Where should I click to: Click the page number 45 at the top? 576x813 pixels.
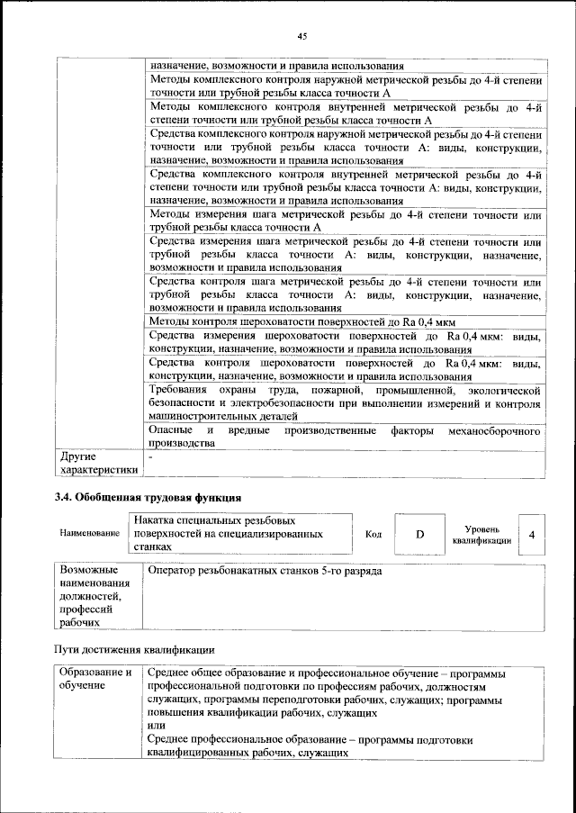click(302, 35)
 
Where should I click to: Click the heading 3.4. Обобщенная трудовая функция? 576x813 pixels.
click(147, 497)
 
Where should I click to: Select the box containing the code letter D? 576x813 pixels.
click(418, 535)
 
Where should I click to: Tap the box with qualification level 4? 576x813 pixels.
click(532, 535)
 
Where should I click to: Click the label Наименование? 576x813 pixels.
click(90, 535)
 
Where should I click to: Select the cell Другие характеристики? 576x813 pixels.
click(98, 463)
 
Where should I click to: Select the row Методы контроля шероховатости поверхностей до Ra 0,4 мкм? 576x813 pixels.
click(302, 322)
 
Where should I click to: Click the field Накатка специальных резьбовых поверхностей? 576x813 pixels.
click(239, 534)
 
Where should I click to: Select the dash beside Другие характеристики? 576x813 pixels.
click(151, 457)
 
